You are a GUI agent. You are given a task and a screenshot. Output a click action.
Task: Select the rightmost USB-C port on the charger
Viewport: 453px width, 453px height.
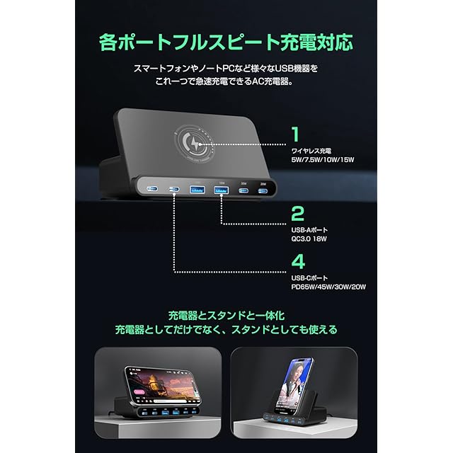[263, 190]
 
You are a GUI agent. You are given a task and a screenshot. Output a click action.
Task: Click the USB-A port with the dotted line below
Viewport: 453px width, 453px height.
[221, 190]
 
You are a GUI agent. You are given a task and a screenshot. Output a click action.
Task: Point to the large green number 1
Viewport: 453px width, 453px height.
[295, 133]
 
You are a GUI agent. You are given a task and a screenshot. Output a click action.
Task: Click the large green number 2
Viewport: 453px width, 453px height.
[297, 213]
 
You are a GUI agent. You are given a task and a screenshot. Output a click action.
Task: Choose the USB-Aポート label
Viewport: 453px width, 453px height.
[310, 230]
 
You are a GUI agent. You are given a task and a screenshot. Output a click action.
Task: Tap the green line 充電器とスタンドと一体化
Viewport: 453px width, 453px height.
[226, 315]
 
